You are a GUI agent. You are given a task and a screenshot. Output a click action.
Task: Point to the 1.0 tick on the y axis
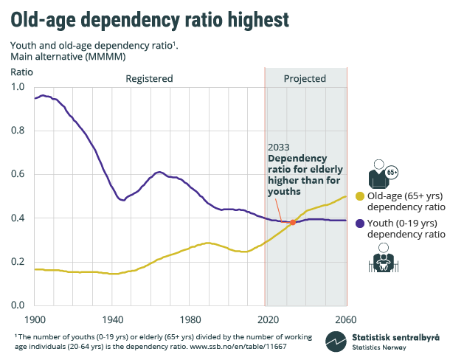click(18, 87)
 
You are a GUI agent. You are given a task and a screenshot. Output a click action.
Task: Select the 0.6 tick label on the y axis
click(18, 174)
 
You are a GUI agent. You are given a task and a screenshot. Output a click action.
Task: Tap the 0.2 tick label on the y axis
click(18, 262)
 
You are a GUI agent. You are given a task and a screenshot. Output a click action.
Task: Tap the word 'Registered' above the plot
click(149, 78)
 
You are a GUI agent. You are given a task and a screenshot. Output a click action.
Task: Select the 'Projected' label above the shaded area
click(305, 78)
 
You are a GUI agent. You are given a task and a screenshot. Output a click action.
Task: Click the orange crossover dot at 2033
click(293, 222)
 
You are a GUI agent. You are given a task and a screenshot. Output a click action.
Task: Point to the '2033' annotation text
click(279, 147)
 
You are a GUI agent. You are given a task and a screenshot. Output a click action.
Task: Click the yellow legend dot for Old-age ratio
click(360, 196)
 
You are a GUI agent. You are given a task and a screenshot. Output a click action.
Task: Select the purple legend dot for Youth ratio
click(360, 223)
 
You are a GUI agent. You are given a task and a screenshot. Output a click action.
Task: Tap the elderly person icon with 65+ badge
click(383, 174)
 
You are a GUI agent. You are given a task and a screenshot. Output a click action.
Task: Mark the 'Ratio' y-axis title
click(21, 72)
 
